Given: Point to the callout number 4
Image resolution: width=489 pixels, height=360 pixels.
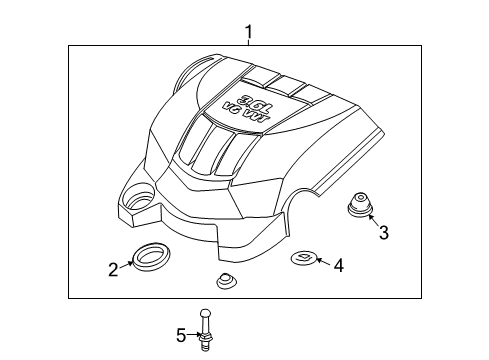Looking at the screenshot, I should click(x=338, y=264).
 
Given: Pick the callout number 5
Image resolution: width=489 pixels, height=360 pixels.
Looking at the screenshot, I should click(x=181, y=334).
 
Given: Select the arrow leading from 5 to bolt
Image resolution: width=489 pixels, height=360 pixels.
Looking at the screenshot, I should click(x=193, y=333).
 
